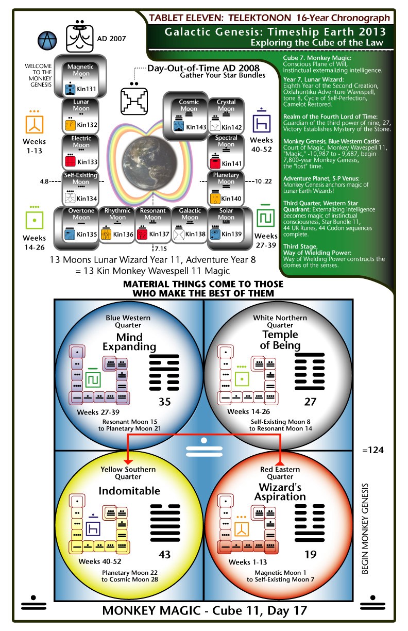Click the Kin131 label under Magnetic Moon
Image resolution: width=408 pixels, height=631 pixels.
tap(86, 89)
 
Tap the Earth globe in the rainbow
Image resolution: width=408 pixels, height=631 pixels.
tap(150, 162)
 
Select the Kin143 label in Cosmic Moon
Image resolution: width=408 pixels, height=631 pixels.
tap(196, 127)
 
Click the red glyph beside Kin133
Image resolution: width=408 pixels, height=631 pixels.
tap(70, 161)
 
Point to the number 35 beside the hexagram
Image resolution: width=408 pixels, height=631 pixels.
tap(164, 402)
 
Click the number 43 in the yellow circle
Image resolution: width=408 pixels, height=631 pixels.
tap(164, 554)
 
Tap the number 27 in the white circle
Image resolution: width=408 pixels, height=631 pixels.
tap(310, 402)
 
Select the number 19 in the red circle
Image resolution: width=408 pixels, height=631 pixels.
tap(310, 554)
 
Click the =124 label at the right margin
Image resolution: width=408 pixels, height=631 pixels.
tap(373, 450)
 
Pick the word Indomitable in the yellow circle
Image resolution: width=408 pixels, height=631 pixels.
tap(129, 491)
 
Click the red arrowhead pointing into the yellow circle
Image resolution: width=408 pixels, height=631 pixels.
tap(128, 462)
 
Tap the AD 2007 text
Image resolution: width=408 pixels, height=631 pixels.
tap(111, 39)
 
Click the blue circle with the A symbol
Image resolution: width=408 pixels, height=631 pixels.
tap(47, 40)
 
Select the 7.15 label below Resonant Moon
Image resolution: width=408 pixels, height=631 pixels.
tap(161, 248)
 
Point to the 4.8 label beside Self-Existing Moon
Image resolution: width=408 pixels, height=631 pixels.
tap(44, 181)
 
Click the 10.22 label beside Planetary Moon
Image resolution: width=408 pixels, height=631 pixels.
tap(263, 181)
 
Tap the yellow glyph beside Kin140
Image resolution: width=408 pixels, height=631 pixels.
tap(215, 198)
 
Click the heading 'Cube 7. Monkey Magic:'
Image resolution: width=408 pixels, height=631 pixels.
tap(317, 58)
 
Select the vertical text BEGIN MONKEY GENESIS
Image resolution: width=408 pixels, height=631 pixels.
tap(365, 529)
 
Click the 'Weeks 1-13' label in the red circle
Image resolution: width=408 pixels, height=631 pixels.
tap(248, 562)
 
